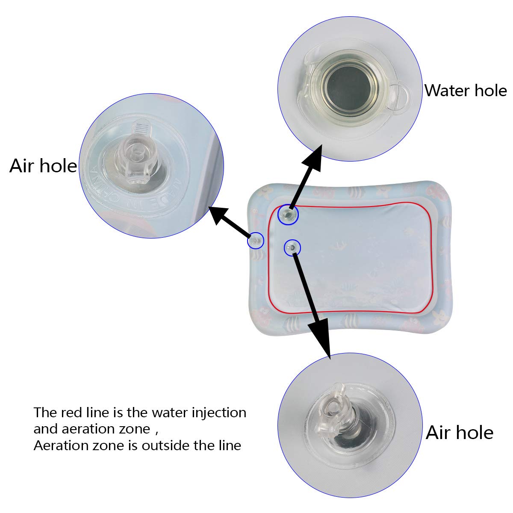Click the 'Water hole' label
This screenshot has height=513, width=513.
pyautogui.click(x=465, y=91)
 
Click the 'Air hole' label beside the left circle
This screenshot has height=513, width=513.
pyautogui.click(x=43, y=166)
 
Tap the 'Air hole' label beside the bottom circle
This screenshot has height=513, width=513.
pyautogui.click(x=460, y=433)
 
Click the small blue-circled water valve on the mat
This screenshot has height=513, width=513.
pyautogui.click(x=288, y=215)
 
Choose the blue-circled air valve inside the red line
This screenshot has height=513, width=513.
pyautogui.click(x=292, y=247)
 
